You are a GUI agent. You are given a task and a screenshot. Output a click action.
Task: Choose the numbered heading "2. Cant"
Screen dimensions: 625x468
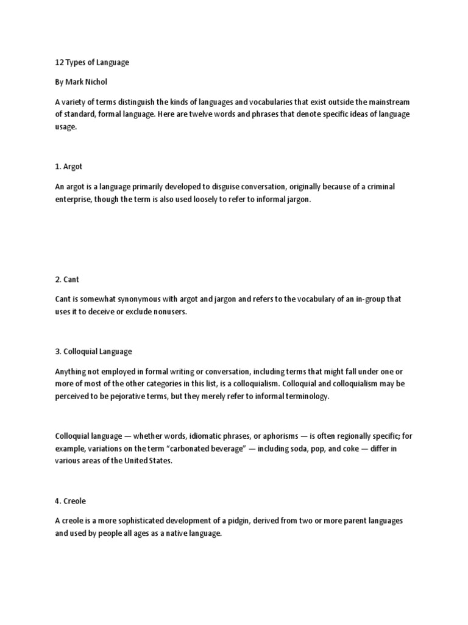click(67, 279)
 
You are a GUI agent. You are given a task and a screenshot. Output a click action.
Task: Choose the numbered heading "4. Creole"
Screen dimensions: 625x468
click(71, 500)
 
